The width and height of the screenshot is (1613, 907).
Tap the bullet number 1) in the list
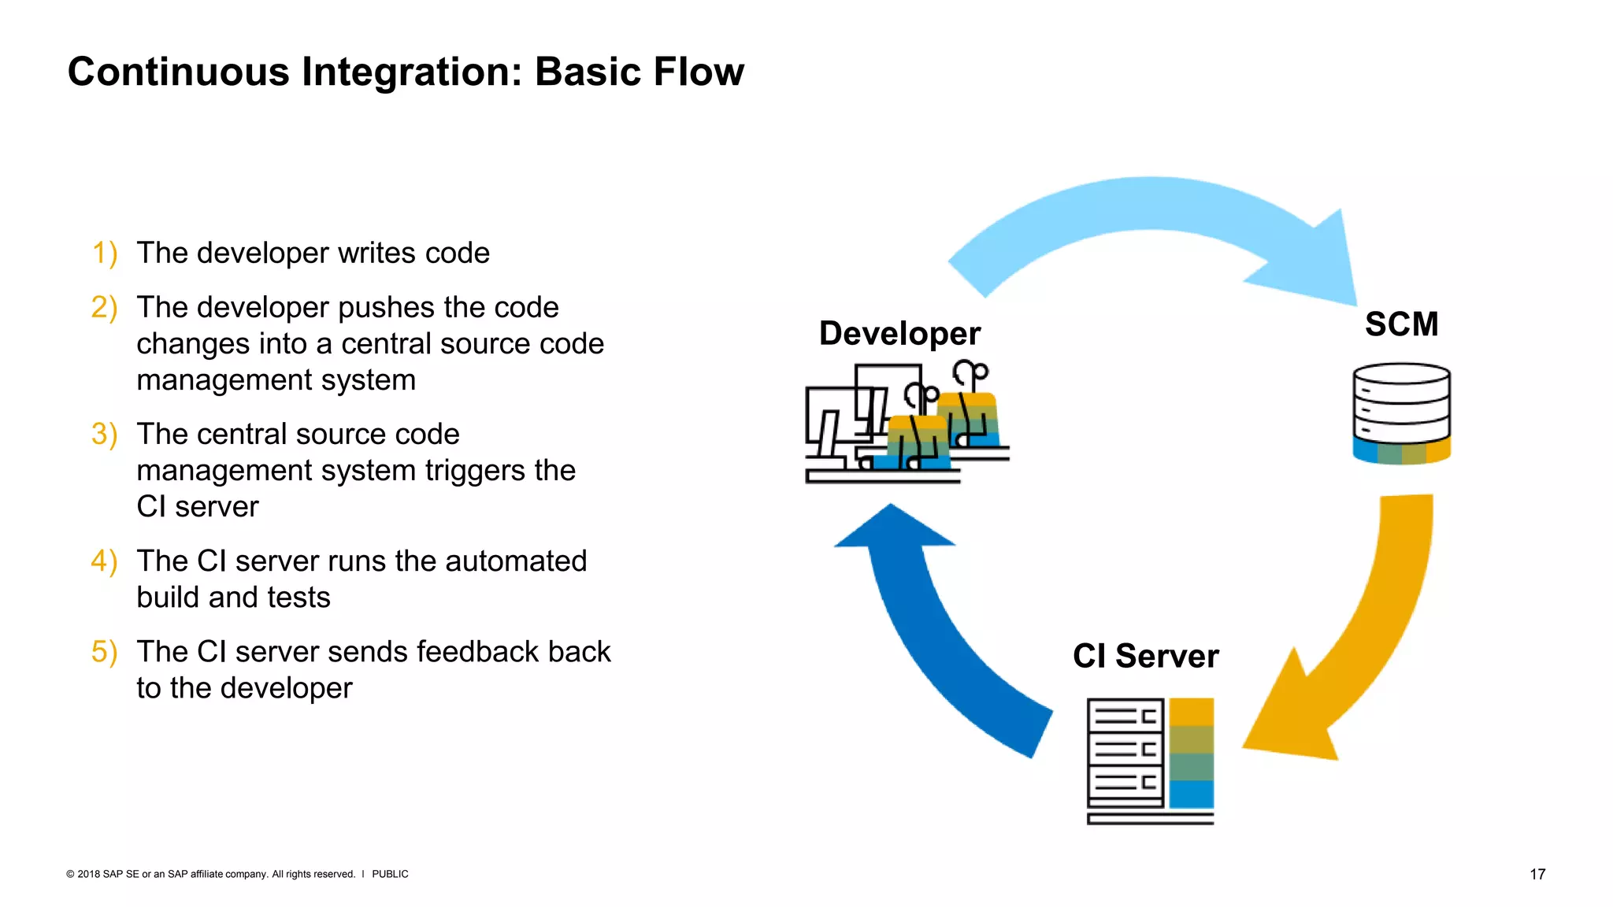[x=104, y=254]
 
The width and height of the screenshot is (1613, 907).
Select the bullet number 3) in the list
[x=104, y=435]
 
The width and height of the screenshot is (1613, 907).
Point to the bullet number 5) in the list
[x=104, y=652]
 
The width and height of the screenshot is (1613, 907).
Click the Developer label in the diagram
[x=899, y=334]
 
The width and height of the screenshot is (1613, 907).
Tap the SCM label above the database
[x=1401, y=324]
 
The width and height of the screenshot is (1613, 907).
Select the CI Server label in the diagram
[x=1145, y=656]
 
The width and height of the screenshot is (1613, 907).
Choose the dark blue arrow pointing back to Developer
[x=929, y=630]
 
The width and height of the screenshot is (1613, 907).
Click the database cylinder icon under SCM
[x=1401, y=413]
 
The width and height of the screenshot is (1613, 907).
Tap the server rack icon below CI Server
[x=1149, y=760]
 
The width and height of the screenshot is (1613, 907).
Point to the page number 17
[x=1537, y=874]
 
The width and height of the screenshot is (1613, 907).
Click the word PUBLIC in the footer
[x=390, y=874]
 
